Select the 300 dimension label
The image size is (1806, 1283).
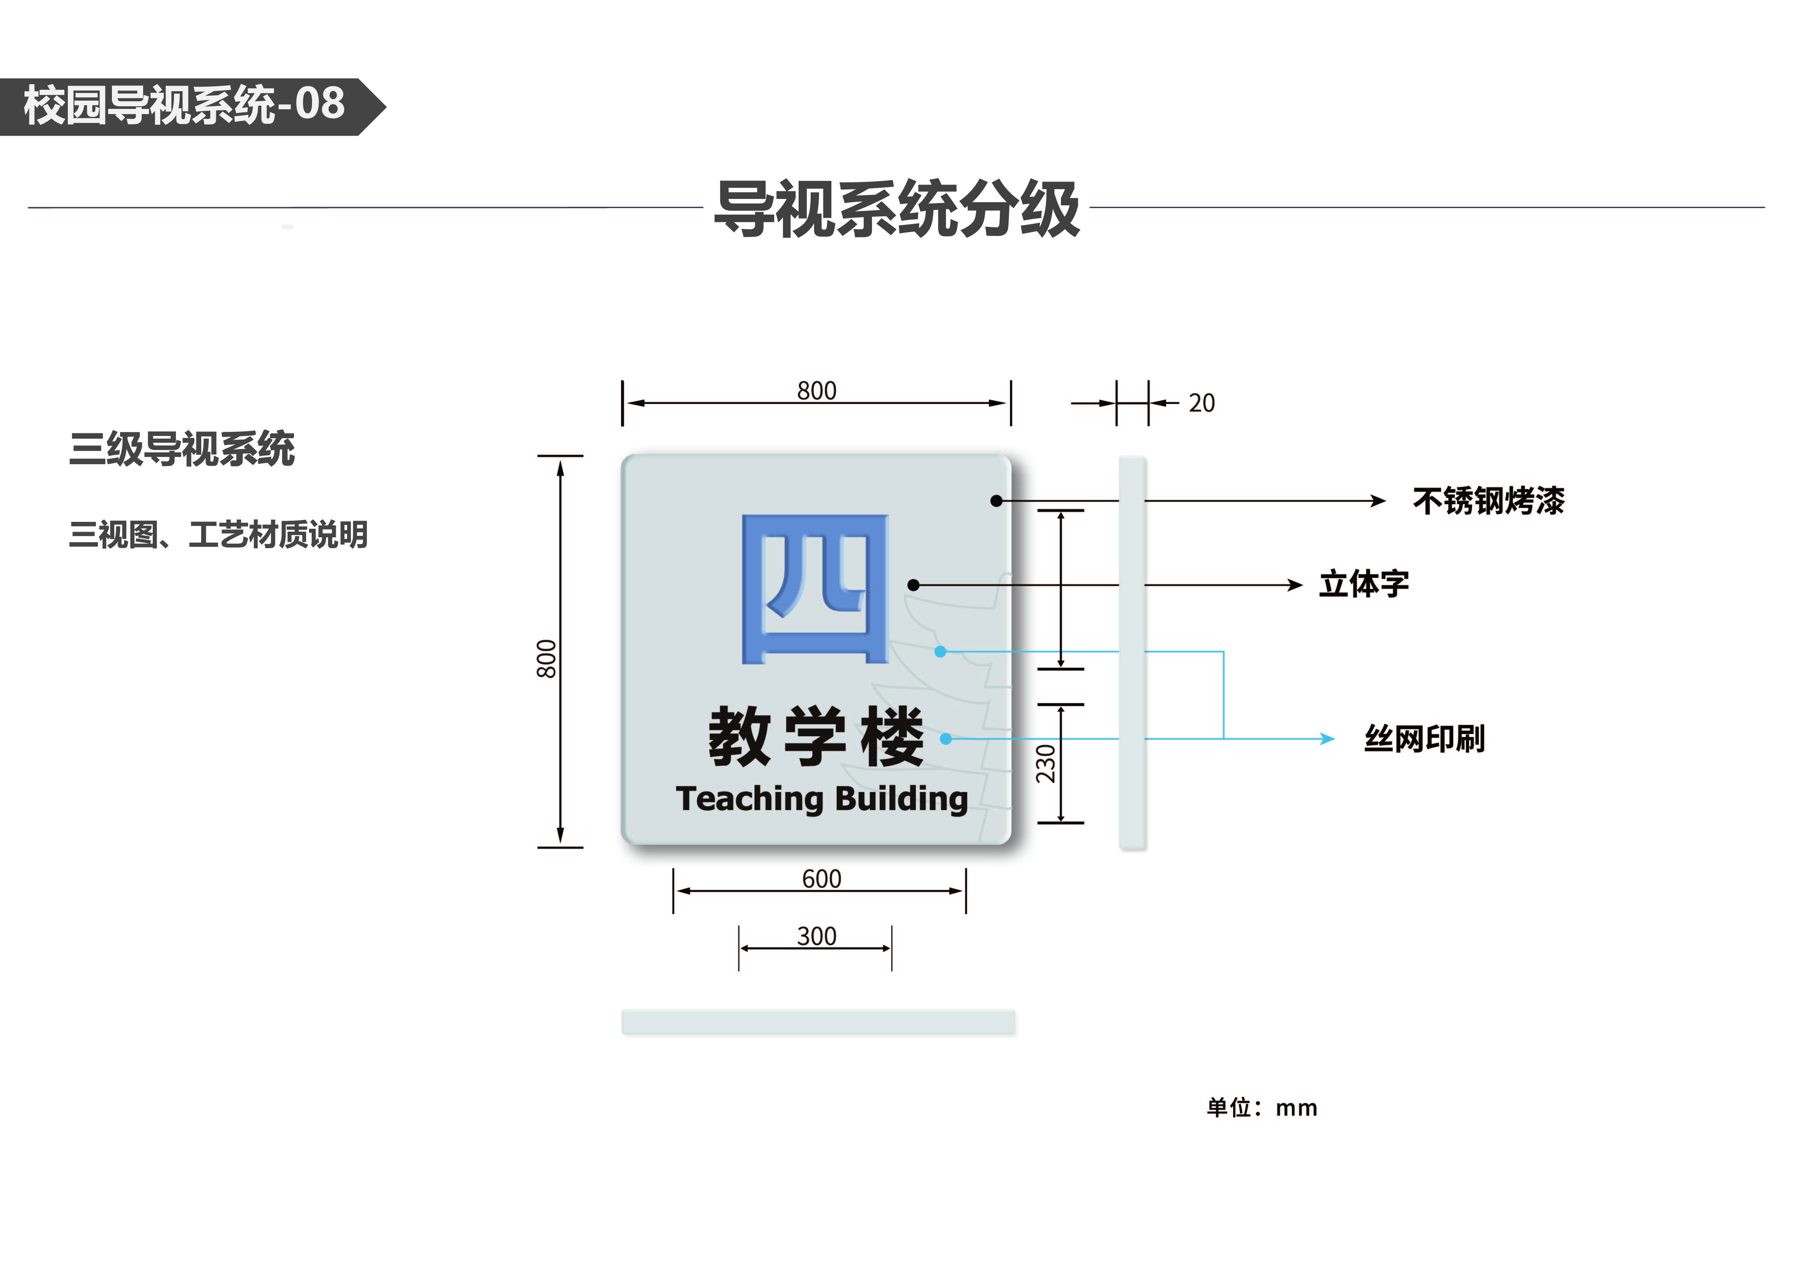(816, 936)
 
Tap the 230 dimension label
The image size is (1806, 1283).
(1045, 763)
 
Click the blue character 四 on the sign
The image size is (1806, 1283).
(814, 589)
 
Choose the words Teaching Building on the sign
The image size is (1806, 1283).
(822, 799)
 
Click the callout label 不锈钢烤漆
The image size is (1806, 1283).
(1488, 501)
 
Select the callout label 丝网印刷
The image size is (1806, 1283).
(1425, 739)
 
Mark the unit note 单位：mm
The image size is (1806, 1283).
(1262, 1108)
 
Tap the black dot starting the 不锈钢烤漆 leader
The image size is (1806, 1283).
(996, 501)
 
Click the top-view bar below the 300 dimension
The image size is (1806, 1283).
(818, 1022)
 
